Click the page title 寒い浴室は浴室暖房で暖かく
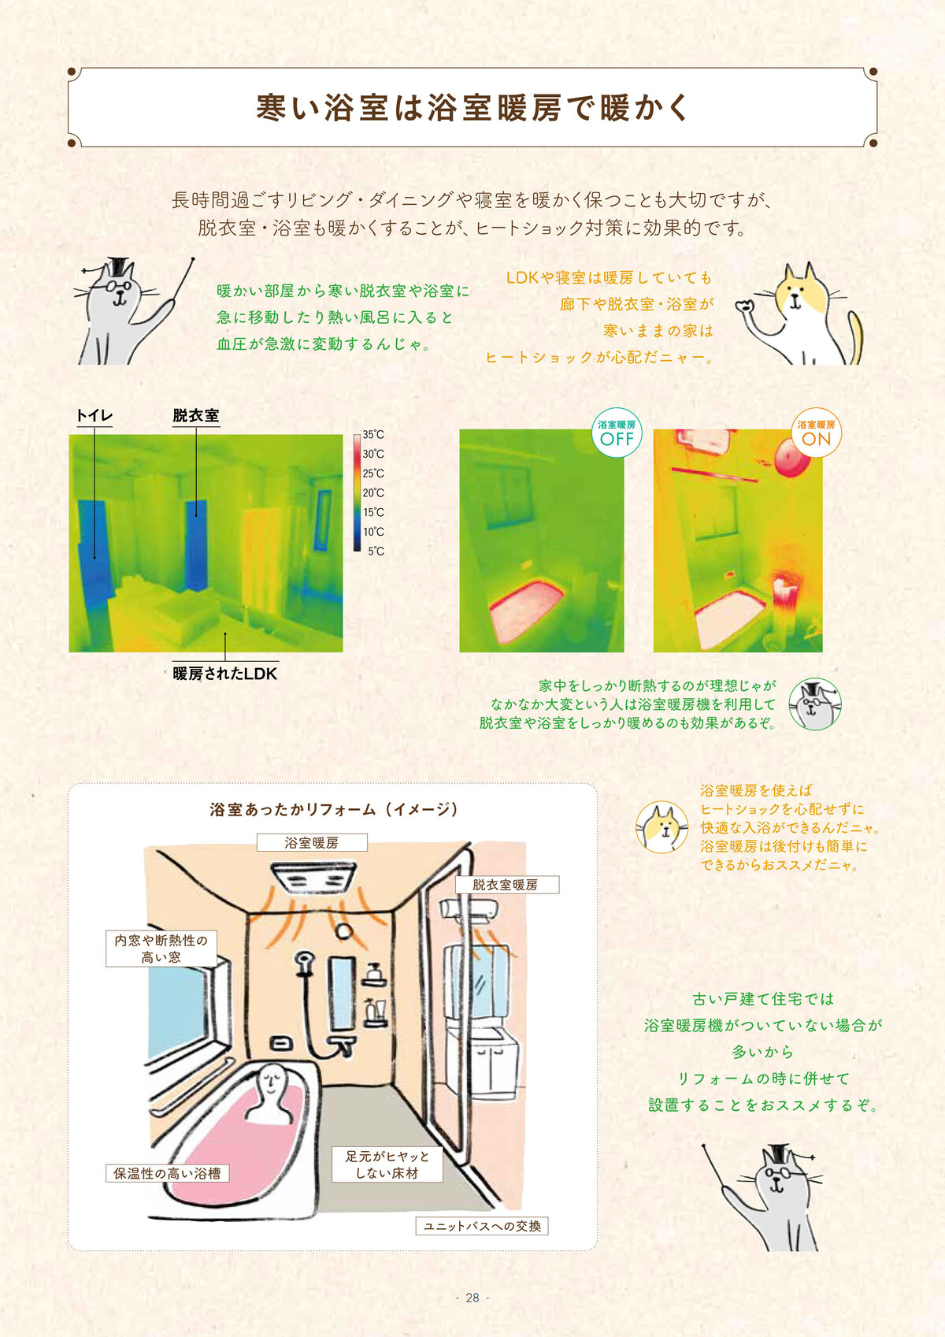point(472,107)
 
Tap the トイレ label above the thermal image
point(94,415)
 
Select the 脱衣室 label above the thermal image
point(195,415)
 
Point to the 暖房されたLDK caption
point(225,674)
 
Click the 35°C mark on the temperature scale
point(372,435)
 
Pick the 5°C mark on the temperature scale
point(376,551)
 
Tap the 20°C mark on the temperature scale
point(372,493)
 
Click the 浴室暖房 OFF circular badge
point(617,433)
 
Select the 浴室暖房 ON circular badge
point(816,433)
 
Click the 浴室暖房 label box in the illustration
point(312,842)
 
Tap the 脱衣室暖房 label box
point(507,885)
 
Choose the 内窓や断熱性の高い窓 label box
point(161,949)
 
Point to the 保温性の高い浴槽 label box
point(168,1173)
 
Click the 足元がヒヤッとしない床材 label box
point(387,1164)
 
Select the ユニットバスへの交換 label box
point(482,1226)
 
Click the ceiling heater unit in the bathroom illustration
point(313,878)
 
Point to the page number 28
point(472,1297)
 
